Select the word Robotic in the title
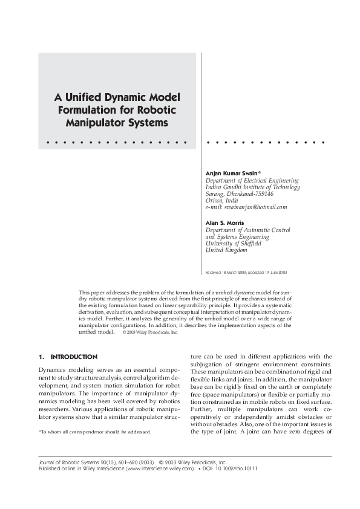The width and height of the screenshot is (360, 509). click(x=154, y=109)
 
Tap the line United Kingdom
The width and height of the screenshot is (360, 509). click(x=226, y=250)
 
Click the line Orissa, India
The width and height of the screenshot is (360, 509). click(x=222, y=200)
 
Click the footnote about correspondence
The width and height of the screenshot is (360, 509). click(x=94, y=415)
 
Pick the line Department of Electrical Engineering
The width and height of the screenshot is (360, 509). click(x=252, y=180)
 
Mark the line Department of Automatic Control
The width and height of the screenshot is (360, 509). click(x=248, y=230)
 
